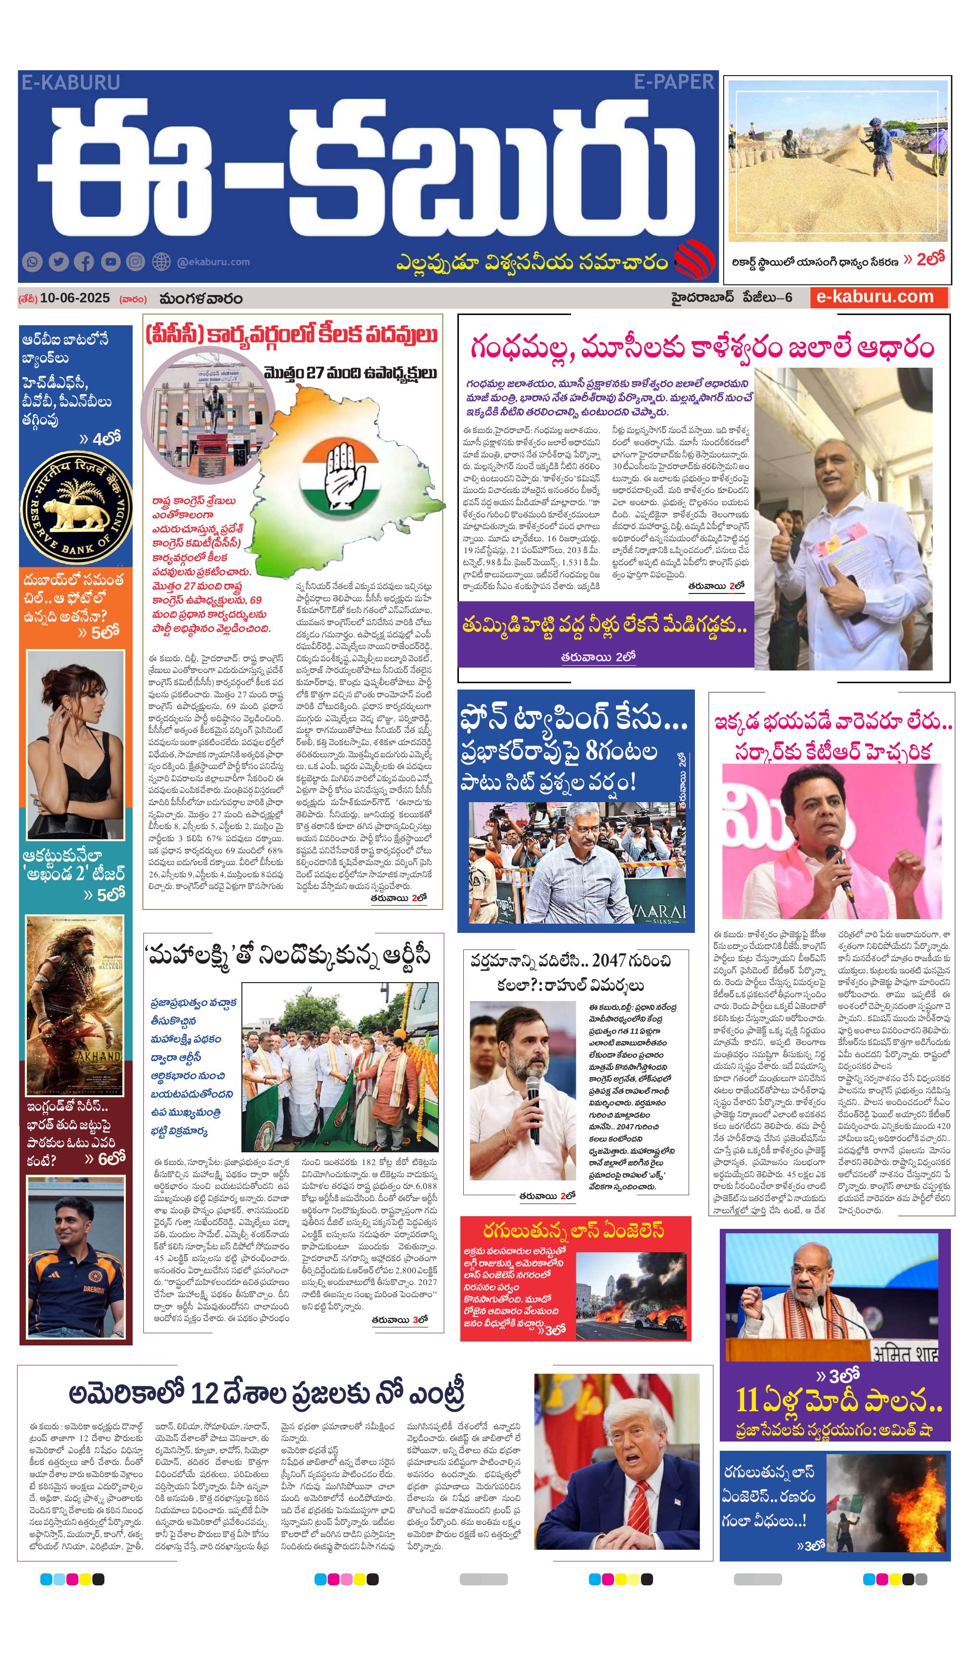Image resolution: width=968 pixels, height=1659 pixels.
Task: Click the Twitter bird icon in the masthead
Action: [58, 262]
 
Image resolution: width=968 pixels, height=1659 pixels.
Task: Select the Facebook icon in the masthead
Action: [84, 262]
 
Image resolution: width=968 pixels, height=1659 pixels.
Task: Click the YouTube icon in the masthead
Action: [110, 262]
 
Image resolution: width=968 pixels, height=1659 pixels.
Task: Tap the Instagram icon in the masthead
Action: [135, 262]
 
